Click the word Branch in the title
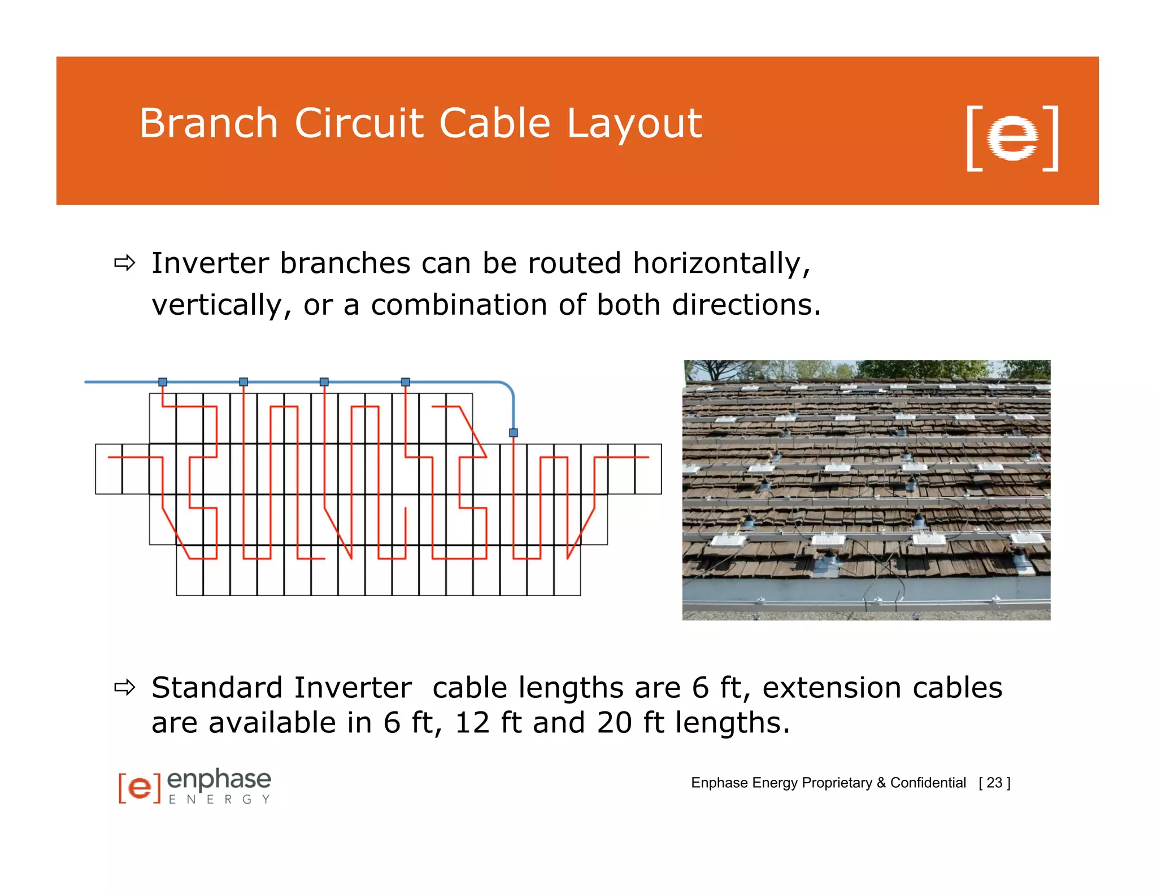tap(208, 123)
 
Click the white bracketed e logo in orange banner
tap(1012, 138)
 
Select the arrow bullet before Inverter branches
tap(125, 263)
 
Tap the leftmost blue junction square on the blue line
tap(163, 382)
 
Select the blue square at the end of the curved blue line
tap(514, 432)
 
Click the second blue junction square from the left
tap(243, 382)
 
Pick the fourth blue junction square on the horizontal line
tap(406, 382)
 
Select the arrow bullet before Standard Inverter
tap(125, 688)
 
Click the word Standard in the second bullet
tap(217, 688)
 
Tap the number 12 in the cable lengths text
tap(472, 723)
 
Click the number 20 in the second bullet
tap(614, 723)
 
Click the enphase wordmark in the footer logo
tap(219, 780)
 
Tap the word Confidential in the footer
tap(928, 783)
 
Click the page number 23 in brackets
tap(994, 783)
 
